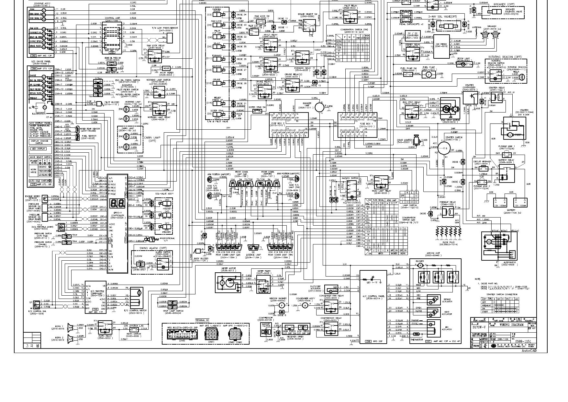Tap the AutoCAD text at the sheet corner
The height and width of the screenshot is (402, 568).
click(x=529, y=350)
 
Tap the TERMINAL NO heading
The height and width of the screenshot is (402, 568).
click(x=202, y=320)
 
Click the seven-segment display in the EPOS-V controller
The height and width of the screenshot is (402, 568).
click(x=116, y=203)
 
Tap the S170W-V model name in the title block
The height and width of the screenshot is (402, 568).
click(x=479, y=327)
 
